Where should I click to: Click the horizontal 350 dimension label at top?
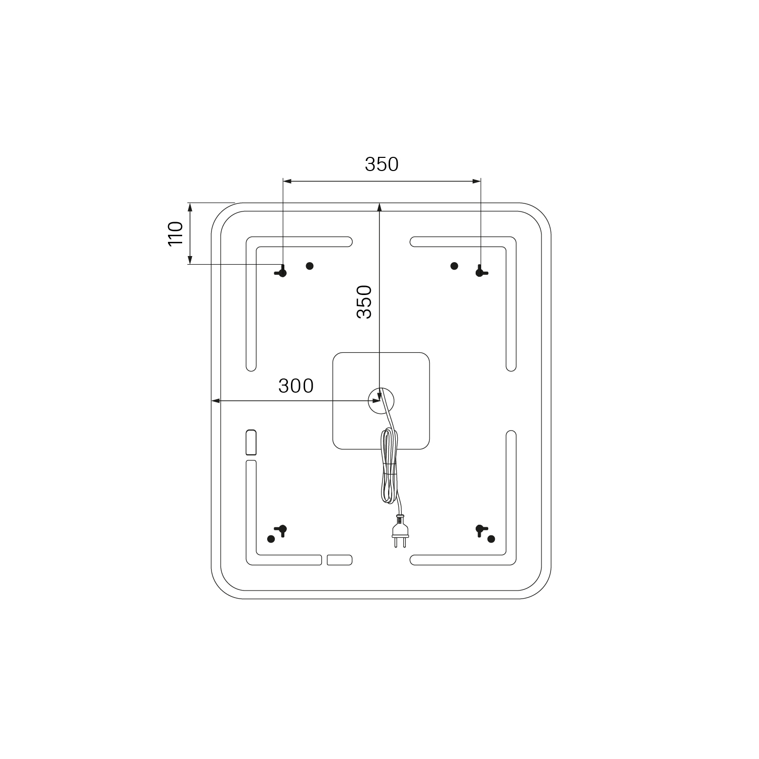(382, 164)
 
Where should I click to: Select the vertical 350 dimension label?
(364, 302)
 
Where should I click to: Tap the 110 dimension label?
(175, 234)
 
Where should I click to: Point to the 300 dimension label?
(296, 386)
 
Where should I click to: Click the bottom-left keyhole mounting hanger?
(282, 530)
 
